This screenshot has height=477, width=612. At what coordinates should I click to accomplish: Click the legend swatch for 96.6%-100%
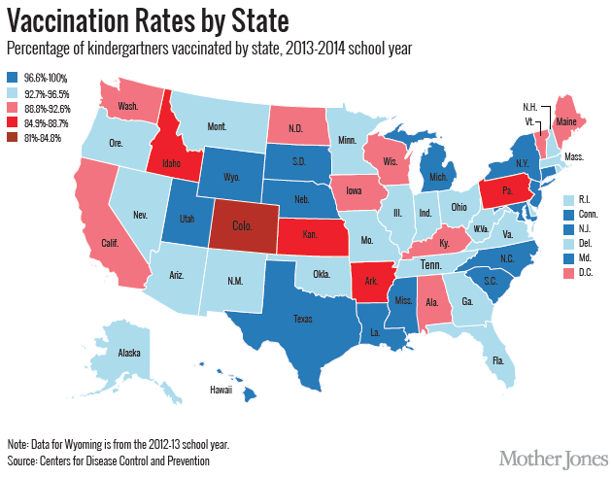point(12,78)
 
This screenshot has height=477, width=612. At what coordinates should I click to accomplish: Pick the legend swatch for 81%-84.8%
point(12,138)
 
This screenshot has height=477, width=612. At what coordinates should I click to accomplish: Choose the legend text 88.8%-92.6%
point(45,108)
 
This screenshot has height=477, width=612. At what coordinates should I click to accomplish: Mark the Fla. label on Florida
point(498,360)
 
